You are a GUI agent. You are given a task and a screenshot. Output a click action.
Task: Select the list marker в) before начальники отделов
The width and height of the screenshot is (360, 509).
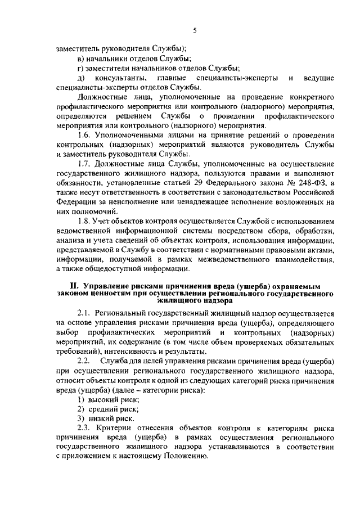(81, 58)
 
